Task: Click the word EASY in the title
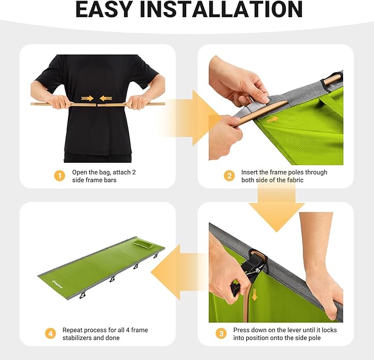point(104,9)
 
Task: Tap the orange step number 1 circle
point(59,176)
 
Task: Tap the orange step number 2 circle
point(229,176)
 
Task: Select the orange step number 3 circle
point(221,333)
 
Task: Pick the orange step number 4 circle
point(51,333)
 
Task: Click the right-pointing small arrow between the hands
point(87,98)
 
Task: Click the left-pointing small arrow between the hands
point(106,98)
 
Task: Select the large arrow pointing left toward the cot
point(179,272)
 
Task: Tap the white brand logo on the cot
point(57,285)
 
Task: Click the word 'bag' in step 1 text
point(105,173)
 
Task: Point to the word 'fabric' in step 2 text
point(295,180)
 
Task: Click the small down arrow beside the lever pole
point(254,294)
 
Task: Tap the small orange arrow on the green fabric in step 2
point(272,119)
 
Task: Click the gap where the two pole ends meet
point(96,105)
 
